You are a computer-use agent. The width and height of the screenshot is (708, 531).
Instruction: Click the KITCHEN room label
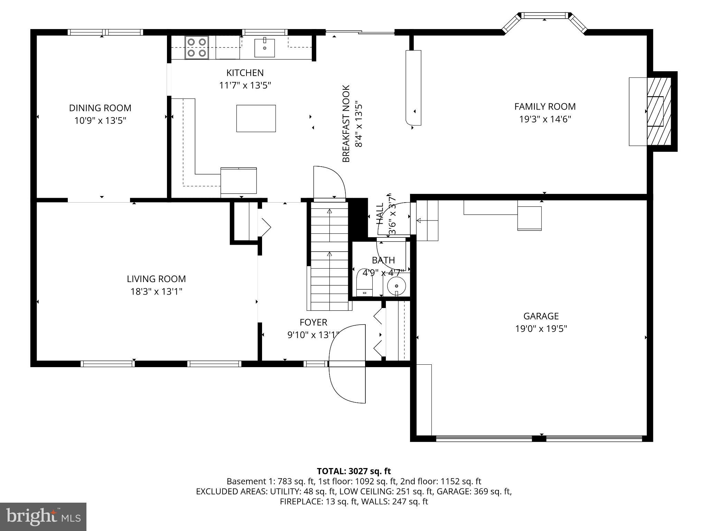[245, 73]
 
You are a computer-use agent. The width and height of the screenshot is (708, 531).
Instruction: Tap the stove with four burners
[196, 47]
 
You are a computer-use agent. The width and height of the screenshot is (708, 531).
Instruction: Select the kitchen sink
[264, 48]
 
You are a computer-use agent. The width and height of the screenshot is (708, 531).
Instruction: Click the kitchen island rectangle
[256, 119]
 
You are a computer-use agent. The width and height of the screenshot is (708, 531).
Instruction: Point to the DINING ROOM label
[100, 108]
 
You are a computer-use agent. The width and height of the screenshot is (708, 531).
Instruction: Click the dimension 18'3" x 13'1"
[156, 292]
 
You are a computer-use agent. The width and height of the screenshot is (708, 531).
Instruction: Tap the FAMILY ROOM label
[545, 106]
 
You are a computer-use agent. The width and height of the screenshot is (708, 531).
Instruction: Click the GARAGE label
[541, 316]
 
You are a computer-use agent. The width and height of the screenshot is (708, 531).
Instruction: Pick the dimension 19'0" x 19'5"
[541, 329]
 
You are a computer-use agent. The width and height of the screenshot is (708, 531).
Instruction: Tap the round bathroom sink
[396, 286]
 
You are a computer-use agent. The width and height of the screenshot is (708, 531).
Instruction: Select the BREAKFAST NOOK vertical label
[346, 123]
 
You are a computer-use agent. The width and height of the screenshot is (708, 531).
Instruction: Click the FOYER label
[313, 323]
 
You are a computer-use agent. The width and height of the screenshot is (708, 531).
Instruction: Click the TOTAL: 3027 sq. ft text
[354, 471]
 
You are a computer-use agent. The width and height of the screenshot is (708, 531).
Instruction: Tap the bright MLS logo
[43, 516]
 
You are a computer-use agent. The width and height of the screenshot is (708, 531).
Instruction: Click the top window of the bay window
[544, 16]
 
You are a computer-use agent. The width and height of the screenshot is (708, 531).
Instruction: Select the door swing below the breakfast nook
[329, 183]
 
